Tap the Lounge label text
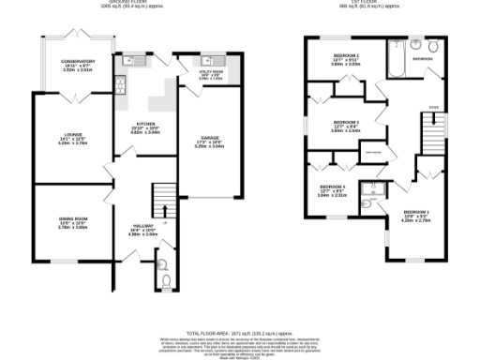tap(67, 141)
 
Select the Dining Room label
tap(68, 222)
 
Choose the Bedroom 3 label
tap(346, 128)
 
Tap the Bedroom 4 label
tap(332, 192)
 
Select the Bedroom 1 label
tap(417, 217)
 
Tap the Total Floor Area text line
tap(239, 334)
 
